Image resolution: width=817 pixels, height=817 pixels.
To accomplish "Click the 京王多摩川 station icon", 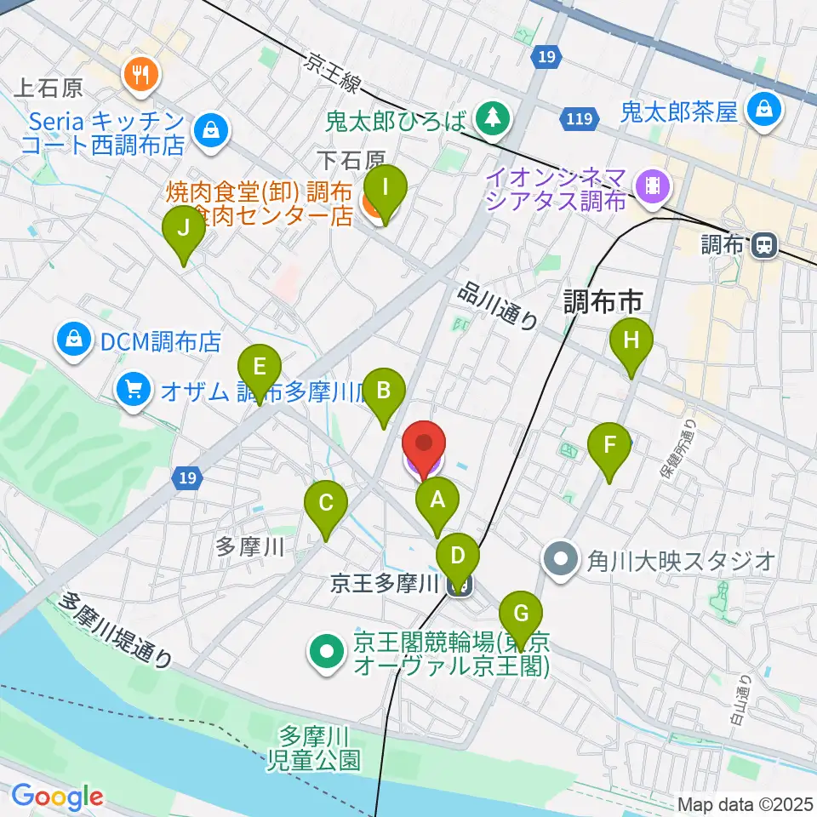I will [x=460, y=584].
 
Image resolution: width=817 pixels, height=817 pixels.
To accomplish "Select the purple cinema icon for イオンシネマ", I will [x=653, y=182].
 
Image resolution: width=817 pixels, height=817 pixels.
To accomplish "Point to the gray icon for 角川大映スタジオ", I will [x=563, y=560].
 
